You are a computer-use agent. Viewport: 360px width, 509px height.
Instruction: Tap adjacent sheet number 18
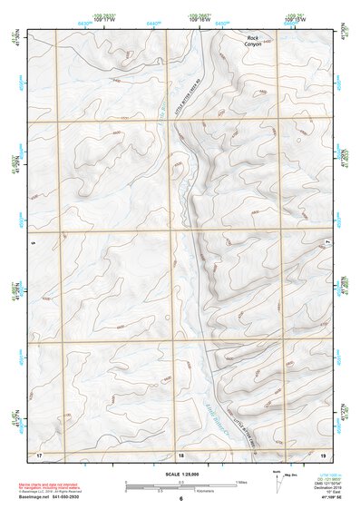tap(180, 454)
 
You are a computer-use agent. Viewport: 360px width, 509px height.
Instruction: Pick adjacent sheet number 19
tap(321, 454)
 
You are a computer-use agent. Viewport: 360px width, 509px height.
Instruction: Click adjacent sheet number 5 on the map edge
tap(31, 243)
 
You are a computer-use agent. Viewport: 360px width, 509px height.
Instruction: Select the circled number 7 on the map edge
tap(327, 242)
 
